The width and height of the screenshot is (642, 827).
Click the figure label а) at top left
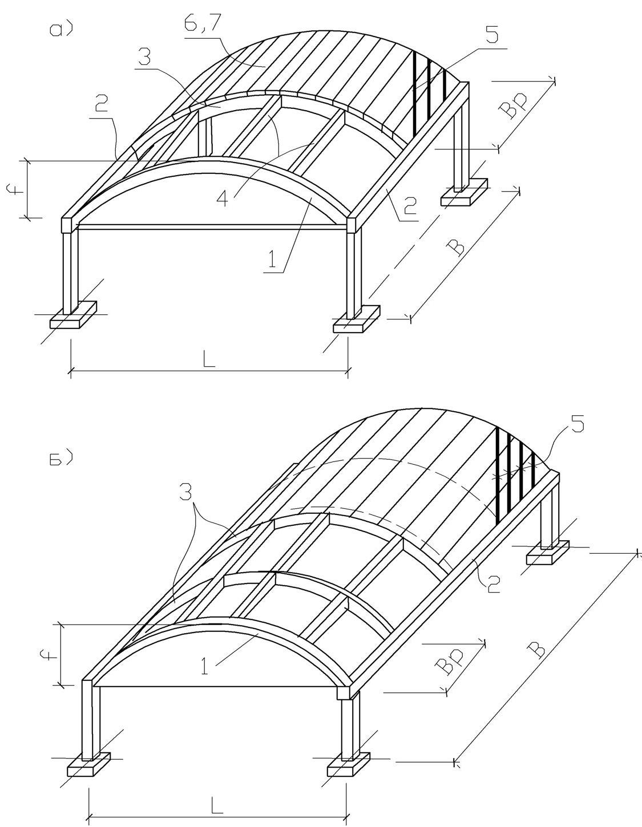[61, 30]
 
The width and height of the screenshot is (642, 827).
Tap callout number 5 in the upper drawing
[491, 36]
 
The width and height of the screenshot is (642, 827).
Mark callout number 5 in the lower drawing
[578, 424]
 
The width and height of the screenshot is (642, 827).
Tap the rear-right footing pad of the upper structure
[464, 192]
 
